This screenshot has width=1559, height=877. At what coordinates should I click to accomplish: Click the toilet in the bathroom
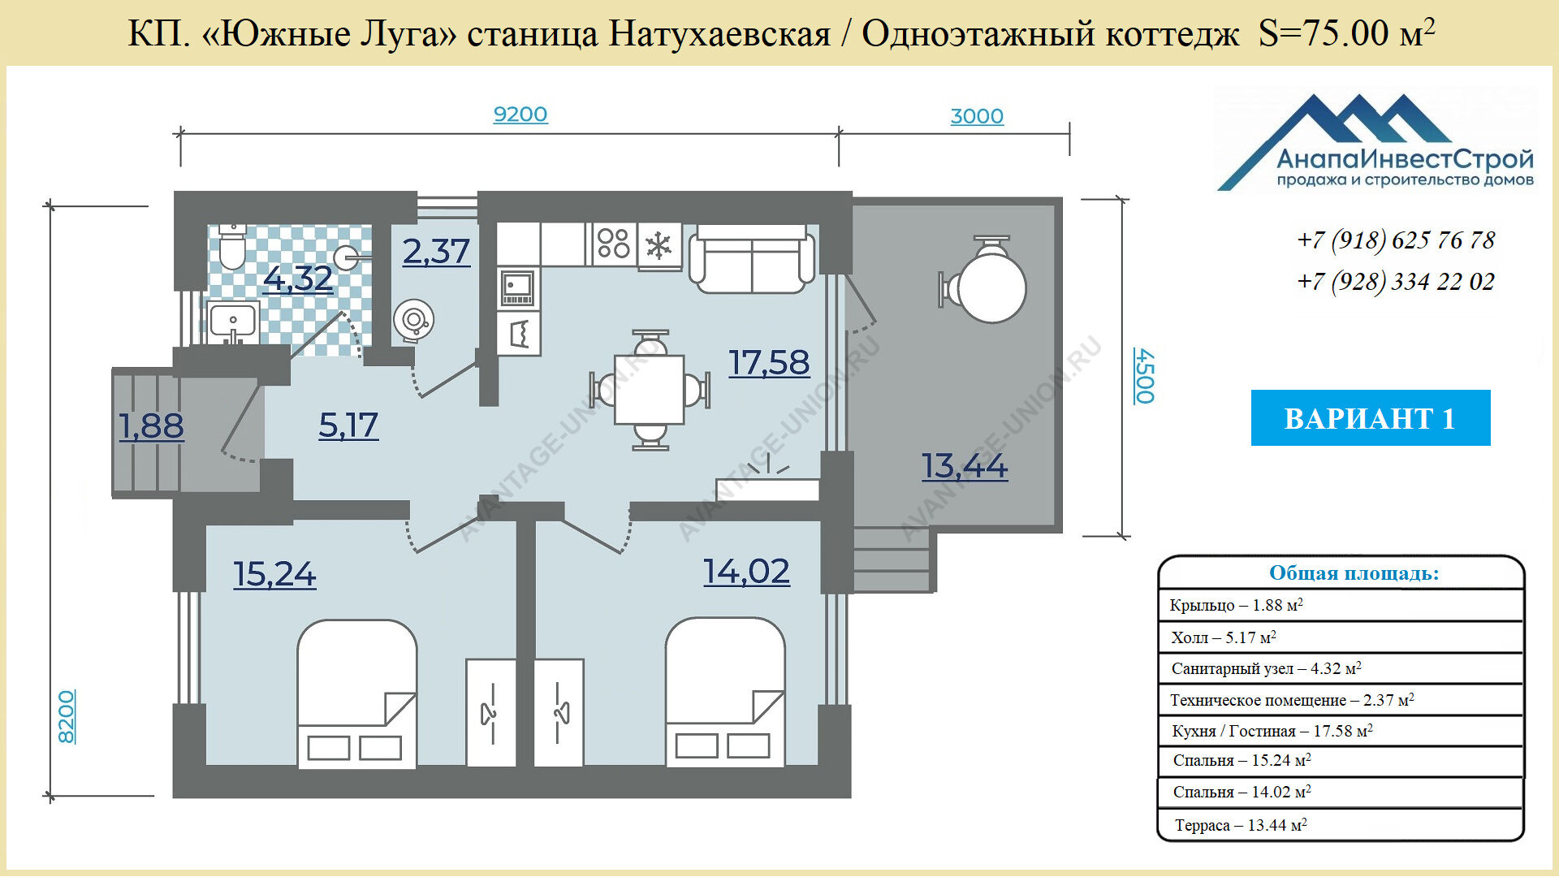232,247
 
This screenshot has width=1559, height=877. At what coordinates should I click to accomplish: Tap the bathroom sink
233,322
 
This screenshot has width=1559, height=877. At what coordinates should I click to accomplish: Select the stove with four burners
613,244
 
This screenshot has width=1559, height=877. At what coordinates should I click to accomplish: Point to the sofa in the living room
752,259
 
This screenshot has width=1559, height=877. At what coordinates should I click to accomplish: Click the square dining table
650,390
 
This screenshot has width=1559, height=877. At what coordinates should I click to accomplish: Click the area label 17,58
769,363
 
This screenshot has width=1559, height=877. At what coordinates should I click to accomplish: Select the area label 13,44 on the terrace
965,466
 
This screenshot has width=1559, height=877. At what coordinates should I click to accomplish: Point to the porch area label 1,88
151,426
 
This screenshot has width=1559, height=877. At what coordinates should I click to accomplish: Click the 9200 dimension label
520,114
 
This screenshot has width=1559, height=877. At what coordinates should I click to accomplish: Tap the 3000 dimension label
977,116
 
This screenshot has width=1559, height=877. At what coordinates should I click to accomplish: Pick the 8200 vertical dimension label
67,716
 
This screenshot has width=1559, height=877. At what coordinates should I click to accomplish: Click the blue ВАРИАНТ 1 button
1371,417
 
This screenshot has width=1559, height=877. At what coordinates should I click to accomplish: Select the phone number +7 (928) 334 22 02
1396,282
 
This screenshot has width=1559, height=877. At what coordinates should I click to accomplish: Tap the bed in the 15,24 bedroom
357,693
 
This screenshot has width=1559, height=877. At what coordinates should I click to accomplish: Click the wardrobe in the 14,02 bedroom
559,713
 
